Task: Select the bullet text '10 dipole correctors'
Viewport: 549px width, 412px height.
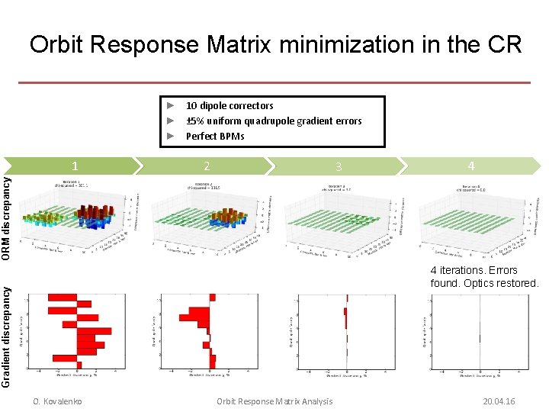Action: tap(230, 106)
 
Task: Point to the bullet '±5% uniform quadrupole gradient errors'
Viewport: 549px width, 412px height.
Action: tap(274, 121)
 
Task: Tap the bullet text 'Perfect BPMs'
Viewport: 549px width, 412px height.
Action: tap(215, 137)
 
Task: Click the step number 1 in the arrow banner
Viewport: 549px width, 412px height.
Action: tap(74, 166)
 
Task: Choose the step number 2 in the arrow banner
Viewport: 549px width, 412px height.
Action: tap(207, 166)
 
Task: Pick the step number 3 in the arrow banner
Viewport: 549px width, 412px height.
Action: tap(339, 166)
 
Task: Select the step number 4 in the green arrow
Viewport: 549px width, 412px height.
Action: tap(471, 166)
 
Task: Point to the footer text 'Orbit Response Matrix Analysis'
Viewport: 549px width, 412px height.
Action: tap(274, 401)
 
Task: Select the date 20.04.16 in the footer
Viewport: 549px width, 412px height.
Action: tap(499, 401)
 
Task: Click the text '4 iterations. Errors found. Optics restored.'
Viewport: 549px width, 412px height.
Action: tap(483, 276)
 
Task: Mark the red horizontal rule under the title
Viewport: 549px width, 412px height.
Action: tap(274, 82)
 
